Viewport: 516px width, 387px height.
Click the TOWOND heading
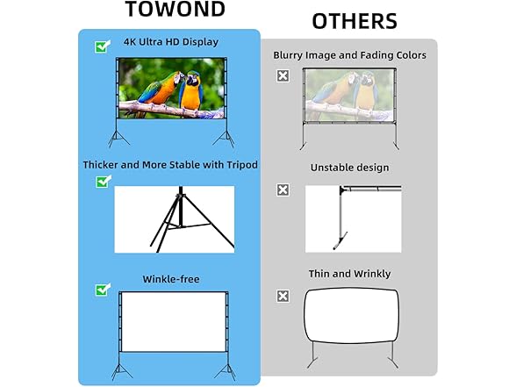point(176,9)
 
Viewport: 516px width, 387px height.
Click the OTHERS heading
point(355,21)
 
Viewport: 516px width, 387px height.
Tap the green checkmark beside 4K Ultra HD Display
point(103,47)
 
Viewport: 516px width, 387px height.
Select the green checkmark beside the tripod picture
point(104,182)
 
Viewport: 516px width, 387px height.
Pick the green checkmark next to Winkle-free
point(103,290)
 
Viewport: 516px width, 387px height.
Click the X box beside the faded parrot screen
point(283,76)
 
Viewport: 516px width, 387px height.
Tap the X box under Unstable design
point(283,190)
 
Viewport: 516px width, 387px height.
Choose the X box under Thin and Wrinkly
point(283,296)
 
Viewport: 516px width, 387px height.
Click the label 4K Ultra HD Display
point(171,42)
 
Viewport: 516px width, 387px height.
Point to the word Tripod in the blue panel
point(242,165)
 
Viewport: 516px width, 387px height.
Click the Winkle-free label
point(171,279)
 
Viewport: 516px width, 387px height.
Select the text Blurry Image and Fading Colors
point(349,55)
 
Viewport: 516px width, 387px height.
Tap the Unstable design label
point(349,168)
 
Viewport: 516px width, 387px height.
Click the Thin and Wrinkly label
point(349,274)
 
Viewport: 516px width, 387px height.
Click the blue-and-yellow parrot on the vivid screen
point(191,91)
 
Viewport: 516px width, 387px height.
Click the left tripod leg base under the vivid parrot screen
point(118,139)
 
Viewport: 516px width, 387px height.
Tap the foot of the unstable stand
point(340,240)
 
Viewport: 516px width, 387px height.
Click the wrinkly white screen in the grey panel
point(351,316)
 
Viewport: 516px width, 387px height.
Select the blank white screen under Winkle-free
point(173,322)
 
